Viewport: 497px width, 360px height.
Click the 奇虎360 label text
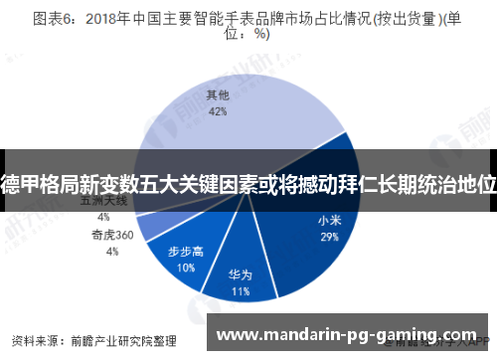tap(112, 236)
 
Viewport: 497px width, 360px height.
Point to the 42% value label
tap(216, 112)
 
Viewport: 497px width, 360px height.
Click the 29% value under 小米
tap(329, 238)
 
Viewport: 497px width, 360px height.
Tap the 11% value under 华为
tap(240, 292)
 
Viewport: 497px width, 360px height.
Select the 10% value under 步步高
tap(186, 268)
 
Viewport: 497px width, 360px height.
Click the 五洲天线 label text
tap(102, 200)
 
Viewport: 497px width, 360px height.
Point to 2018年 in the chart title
tap(111, 17)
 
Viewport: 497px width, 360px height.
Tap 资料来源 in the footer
tap(39, 337)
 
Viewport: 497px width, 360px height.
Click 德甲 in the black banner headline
tap(21, 183)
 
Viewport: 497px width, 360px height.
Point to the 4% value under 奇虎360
tap(112, 252)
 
